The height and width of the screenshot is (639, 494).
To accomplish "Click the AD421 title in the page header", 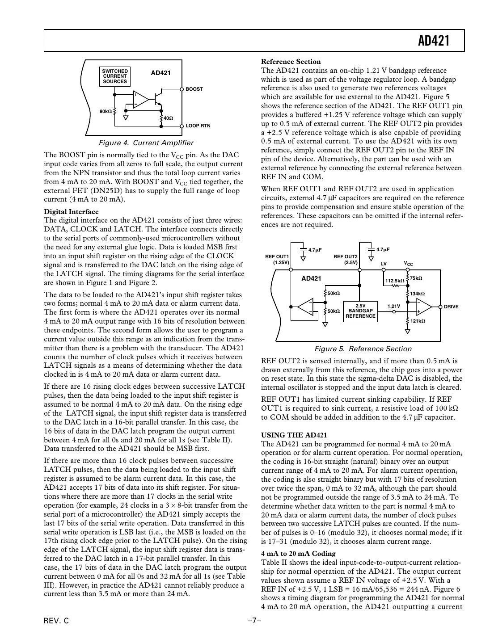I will [433, 41].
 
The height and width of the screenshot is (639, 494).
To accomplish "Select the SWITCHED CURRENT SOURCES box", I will [115, 76].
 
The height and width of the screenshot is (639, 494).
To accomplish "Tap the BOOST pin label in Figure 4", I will [194, 89].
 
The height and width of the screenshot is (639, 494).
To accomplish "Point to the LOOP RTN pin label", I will [198, 126].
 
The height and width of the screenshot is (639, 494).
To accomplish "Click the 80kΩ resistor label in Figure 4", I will [106, 111].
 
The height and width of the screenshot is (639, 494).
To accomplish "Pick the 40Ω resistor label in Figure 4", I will [168, 118].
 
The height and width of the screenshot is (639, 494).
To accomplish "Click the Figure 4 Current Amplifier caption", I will [146, 143].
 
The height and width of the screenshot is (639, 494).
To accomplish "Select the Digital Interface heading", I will [71, 211].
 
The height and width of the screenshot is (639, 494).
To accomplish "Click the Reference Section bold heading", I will [291, 62].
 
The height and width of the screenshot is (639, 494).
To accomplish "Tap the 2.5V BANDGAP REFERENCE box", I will [360, 311].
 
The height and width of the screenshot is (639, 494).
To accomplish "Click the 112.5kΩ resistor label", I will [394, 281].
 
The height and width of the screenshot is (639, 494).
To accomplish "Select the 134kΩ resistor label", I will [417, 294].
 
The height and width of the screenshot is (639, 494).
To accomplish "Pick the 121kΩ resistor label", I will [418, 321].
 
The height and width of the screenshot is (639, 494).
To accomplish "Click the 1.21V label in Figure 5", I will [393, 307].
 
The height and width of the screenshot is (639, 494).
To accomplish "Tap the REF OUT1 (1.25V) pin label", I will [277, 260].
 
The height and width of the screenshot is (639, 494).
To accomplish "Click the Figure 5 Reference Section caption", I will [363, 349].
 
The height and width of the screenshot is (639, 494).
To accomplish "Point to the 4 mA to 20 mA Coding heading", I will [298, 554].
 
